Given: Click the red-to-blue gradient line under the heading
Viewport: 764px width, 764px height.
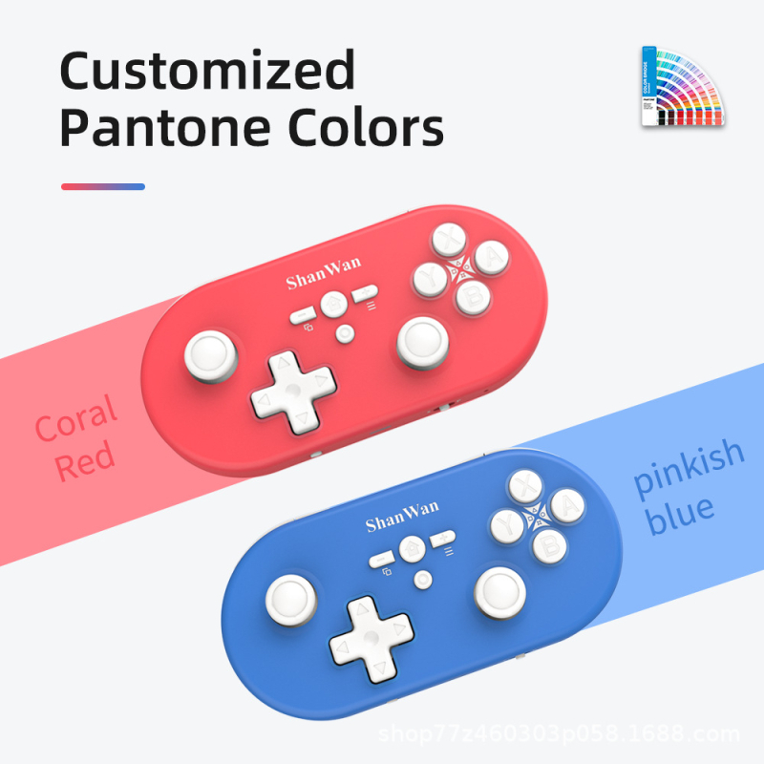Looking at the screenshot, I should tap(102, 186).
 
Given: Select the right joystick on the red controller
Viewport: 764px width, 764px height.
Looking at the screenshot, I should tap(421, 340).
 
